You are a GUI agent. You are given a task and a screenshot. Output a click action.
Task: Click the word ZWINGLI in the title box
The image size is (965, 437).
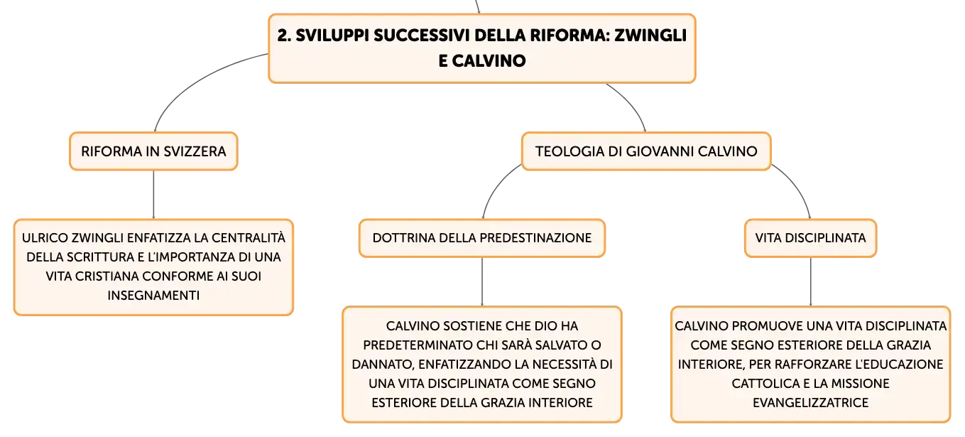pos(650,36)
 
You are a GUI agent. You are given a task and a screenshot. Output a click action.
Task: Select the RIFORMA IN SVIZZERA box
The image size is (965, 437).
pos(153,151)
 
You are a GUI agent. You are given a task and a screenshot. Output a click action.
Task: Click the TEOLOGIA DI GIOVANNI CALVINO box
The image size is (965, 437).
pos(646,151)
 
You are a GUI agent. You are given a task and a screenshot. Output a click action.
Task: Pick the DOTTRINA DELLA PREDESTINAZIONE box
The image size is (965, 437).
pos(482,238)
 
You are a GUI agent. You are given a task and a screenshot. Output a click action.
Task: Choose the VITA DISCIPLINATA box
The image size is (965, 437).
pos(810,238)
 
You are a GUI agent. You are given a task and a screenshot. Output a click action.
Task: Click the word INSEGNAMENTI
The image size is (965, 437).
pos(153,296)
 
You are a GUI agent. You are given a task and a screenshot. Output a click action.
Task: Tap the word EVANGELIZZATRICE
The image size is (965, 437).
pos(810,403)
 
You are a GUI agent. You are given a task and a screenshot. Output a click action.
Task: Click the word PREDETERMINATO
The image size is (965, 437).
pos(418,345)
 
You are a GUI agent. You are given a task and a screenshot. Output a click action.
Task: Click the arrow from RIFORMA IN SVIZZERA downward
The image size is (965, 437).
pos(153,195)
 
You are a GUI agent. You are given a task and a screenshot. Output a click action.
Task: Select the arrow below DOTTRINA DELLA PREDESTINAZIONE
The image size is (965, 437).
pos(482,282)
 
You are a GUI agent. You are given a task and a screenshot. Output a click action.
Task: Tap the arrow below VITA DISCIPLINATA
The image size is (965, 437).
pos(811,282)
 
